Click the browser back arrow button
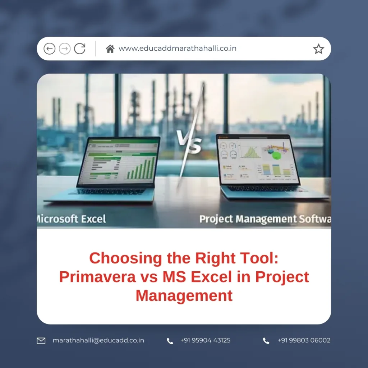tap(49, 49)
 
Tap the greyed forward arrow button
tap(65, 49)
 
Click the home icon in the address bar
tap(110, 49)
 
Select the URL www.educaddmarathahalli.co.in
tap(178, 49)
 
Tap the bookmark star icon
tap(318, 49)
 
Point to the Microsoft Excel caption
tap(72, 219)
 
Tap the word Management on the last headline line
tap(184, 296)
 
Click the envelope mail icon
tap(41, 340)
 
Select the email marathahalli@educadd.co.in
tap(98, 340)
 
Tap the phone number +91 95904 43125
tap(205, 340)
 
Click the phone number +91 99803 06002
tap(304, 340)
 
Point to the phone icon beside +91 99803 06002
tap(266, 341)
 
